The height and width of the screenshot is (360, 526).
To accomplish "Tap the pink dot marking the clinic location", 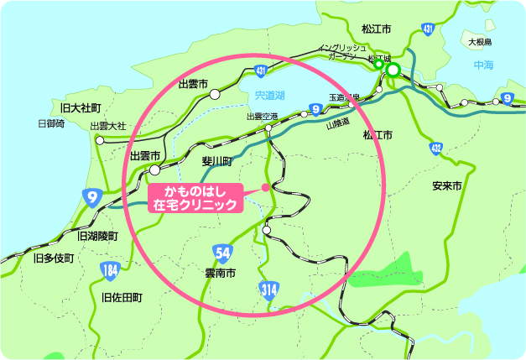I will coord(266,187).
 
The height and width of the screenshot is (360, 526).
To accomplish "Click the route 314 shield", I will coord(267,290).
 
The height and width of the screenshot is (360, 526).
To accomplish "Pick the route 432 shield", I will coord(435,149).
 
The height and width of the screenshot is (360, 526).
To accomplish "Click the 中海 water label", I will coord(483,65).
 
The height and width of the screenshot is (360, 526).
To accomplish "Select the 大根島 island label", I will coord(479,40).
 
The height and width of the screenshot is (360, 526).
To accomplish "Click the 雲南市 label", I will coord(220,273).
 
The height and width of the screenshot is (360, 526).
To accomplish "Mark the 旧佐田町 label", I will coord(122,297).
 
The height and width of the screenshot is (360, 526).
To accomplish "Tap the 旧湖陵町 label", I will coord(97,236).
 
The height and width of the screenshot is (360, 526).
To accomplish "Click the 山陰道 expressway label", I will coord(336,123).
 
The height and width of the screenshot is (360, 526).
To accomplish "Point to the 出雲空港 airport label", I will coord(261,117).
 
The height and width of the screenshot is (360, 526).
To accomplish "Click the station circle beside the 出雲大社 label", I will coord(100,141).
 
